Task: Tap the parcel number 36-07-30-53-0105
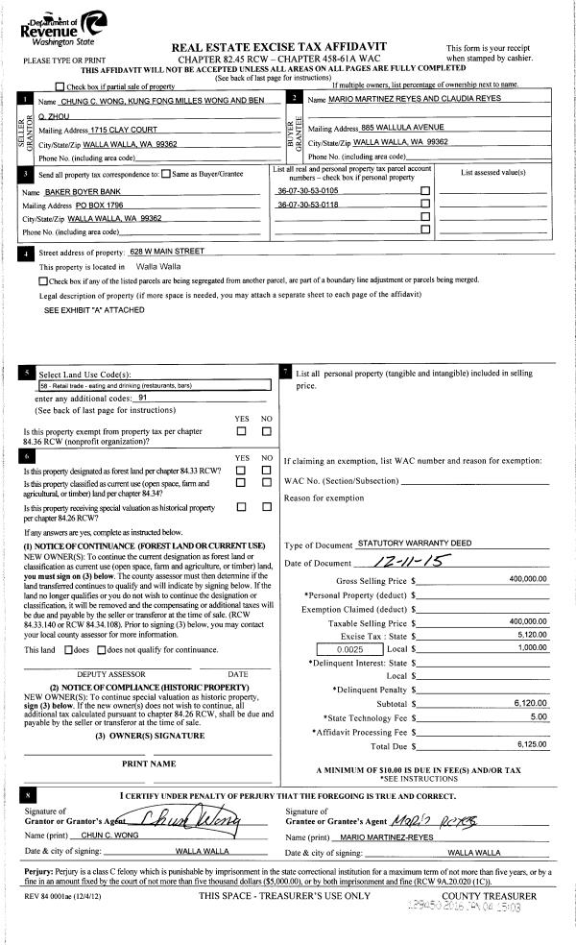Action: pyautogui.click(x=307, y=191)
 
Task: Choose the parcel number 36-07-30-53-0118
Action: pyautogui.click(x=307, y=205)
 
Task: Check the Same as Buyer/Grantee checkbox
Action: pyautogui.click(x=166, y=174)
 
